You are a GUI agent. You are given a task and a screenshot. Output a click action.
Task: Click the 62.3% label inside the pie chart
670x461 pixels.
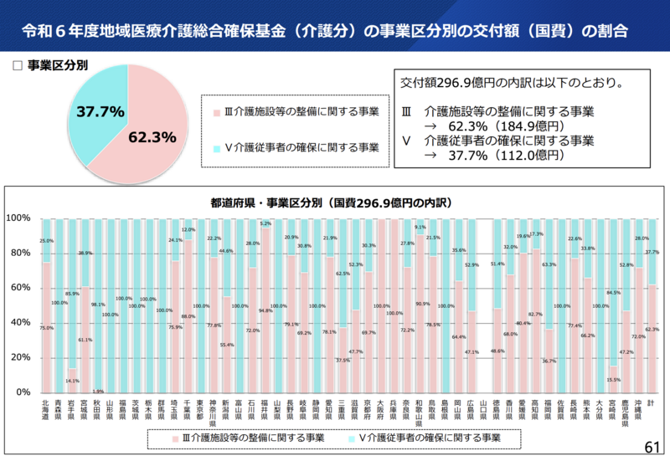[x=152, y=136]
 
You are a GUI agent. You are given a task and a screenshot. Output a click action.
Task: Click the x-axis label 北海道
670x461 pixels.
[x=47, y=409]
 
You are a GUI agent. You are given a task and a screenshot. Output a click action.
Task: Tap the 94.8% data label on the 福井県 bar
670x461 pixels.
[x=265, y=310]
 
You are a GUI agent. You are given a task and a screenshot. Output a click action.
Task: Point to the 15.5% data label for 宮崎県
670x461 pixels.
[x=613, y=379]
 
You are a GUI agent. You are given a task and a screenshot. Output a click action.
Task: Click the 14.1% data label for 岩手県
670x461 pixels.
[x=73, y=381]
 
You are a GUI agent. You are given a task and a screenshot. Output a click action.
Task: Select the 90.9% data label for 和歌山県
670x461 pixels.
[x=419, y=304]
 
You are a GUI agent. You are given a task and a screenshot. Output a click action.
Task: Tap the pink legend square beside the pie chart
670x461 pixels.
[x=216, y=111]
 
